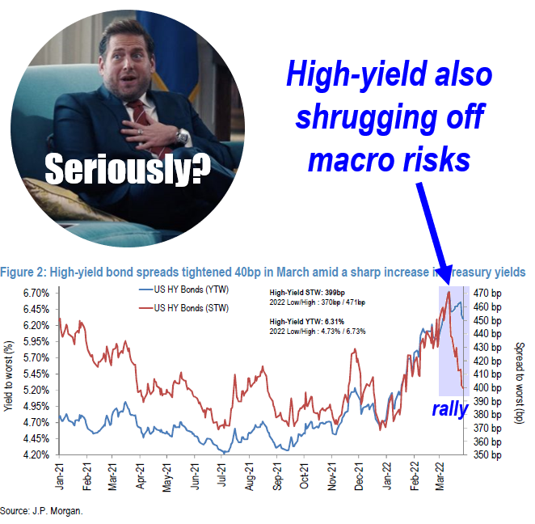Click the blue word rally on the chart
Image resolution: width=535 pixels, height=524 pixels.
point(449,409)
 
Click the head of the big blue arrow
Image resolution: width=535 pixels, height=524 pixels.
point(444,274)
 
